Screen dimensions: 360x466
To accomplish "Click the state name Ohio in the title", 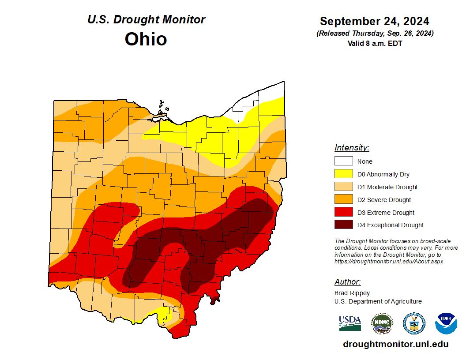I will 146,39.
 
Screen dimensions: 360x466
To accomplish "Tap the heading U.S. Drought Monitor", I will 146,20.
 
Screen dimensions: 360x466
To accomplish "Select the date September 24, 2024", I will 375,21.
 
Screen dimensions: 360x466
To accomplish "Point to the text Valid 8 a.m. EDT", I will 375,43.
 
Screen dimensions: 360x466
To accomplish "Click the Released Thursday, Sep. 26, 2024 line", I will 375,34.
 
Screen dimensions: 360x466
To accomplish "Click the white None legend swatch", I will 343,161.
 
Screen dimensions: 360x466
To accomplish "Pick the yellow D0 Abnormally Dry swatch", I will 343,174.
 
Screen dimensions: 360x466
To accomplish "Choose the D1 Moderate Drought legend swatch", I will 343,187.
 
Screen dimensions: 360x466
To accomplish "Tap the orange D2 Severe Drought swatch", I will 343,200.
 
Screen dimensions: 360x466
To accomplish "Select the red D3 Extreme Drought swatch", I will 343,213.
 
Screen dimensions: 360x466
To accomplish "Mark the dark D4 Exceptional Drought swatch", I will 343,225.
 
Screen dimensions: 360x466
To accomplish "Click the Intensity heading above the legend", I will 352,148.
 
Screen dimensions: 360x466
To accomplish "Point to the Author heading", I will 347,282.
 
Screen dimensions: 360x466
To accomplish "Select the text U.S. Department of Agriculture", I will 378,301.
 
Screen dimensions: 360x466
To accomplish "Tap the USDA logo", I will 350,323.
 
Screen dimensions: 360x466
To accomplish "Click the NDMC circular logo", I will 382,323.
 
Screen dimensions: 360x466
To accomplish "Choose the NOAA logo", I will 446,323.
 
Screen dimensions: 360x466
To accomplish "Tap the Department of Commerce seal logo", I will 414,323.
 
